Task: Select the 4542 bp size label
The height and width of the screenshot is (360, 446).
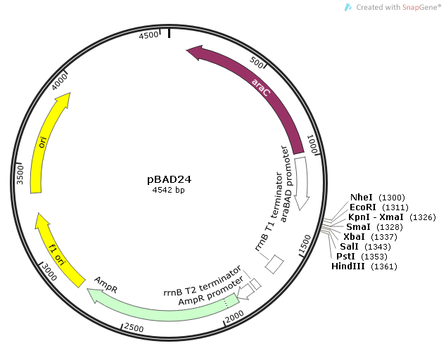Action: (169, 190)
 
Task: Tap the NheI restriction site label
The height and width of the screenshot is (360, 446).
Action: (363, 198)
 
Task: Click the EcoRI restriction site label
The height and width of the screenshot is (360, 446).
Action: (364, 207)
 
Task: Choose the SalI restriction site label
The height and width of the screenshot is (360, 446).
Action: (349, 247)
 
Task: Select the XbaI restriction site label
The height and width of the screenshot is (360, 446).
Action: (355, 237)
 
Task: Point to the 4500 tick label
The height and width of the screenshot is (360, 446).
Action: (149, 35)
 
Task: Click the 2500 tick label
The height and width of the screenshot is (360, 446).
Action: (134, 328)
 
